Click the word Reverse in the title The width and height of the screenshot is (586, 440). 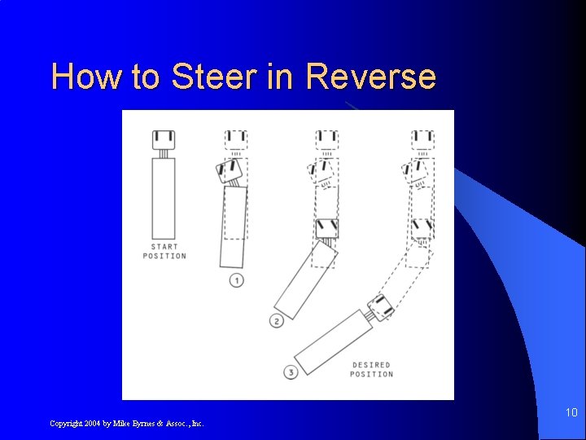(371, 77)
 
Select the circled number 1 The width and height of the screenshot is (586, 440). (237, 280)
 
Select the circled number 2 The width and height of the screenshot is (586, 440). (277, 321)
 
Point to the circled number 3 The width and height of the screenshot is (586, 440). (291, 373)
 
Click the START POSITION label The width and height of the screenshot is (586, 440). (164, 251)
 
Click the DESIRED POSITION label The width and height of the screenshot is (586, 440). (371, 369)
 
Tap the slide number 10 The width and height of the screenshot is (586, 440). (571, 413)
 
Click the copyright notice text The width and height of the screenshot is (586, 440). (127, 423)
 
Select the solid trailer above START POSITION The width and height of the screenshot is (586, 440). (164, 197)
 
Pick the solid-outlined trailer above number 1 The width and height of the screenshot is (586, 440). (233, 227)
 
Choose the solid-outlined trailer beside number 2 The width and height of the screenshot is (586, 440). (304, 282)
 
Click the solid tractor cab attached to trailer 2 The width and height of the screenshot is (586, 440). (327, 227)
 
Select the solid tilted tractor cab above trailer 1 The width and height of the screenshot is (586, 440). (230, 171)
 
